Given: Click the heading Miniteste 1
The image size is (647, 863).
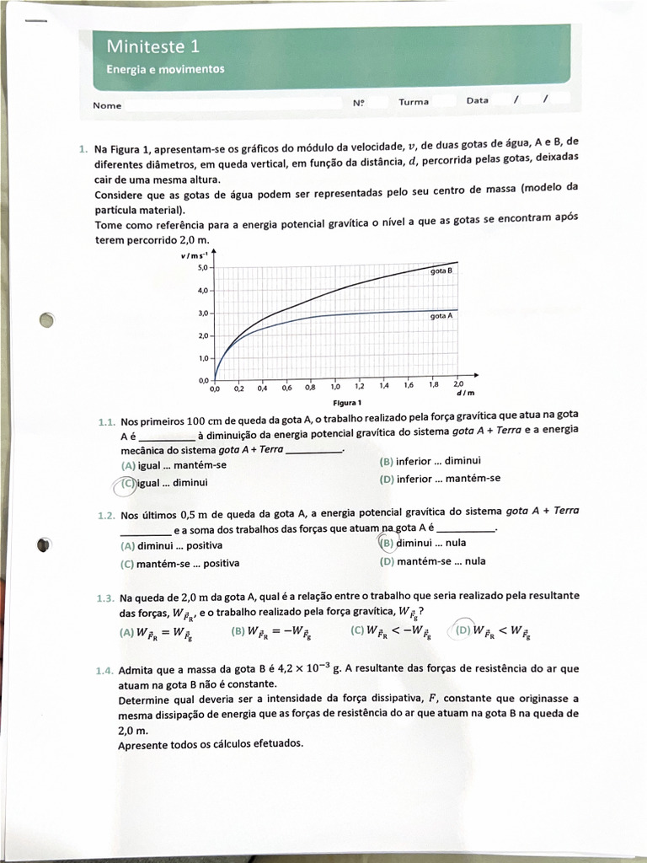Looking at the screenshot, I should click(152, 46).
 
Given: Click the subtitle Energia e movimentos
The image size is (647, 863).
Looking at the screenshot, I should click(165, 69).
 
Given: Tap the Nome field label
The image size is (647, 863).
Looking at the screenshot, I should click(107, 105).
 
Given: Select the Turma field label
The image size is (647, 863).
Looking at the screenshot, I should click(414, 101).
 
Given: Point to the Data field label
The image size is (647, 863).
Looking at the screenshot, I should click(477, 100).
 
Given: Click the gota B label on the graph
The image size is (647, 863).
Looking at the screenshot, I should click(441, 271).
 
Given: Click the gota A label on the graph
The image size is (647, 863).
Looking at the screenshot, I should click(441, 315).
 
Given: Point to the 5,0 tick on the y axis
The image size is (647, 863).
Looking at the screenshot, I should click(202, 267).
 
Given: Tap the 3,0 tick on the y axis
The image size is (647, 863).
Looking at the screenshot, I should click(202, 314).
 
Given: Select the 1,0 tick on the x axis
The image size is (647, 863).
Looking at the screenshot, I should click(336, 387).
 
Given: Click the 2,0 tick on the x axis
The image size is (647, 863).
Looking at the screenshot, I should click(458, 383).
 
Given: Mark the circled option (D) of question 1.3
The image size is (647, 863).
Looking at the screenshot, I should click(462, 630).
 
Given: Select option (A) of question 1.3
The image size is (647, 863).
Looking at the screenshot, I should click(127, 631).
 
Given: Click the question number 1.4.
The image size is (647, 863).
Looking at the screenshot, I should click(104, 670).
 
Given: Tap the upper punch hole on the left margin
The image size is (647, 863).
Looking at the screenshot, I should click(47, 320).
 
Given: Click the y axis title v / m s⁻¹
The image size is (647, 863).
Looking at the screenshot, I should click(194, 255).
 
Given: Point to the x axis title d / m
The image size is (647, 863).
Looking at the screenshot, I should click(465, 394).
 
